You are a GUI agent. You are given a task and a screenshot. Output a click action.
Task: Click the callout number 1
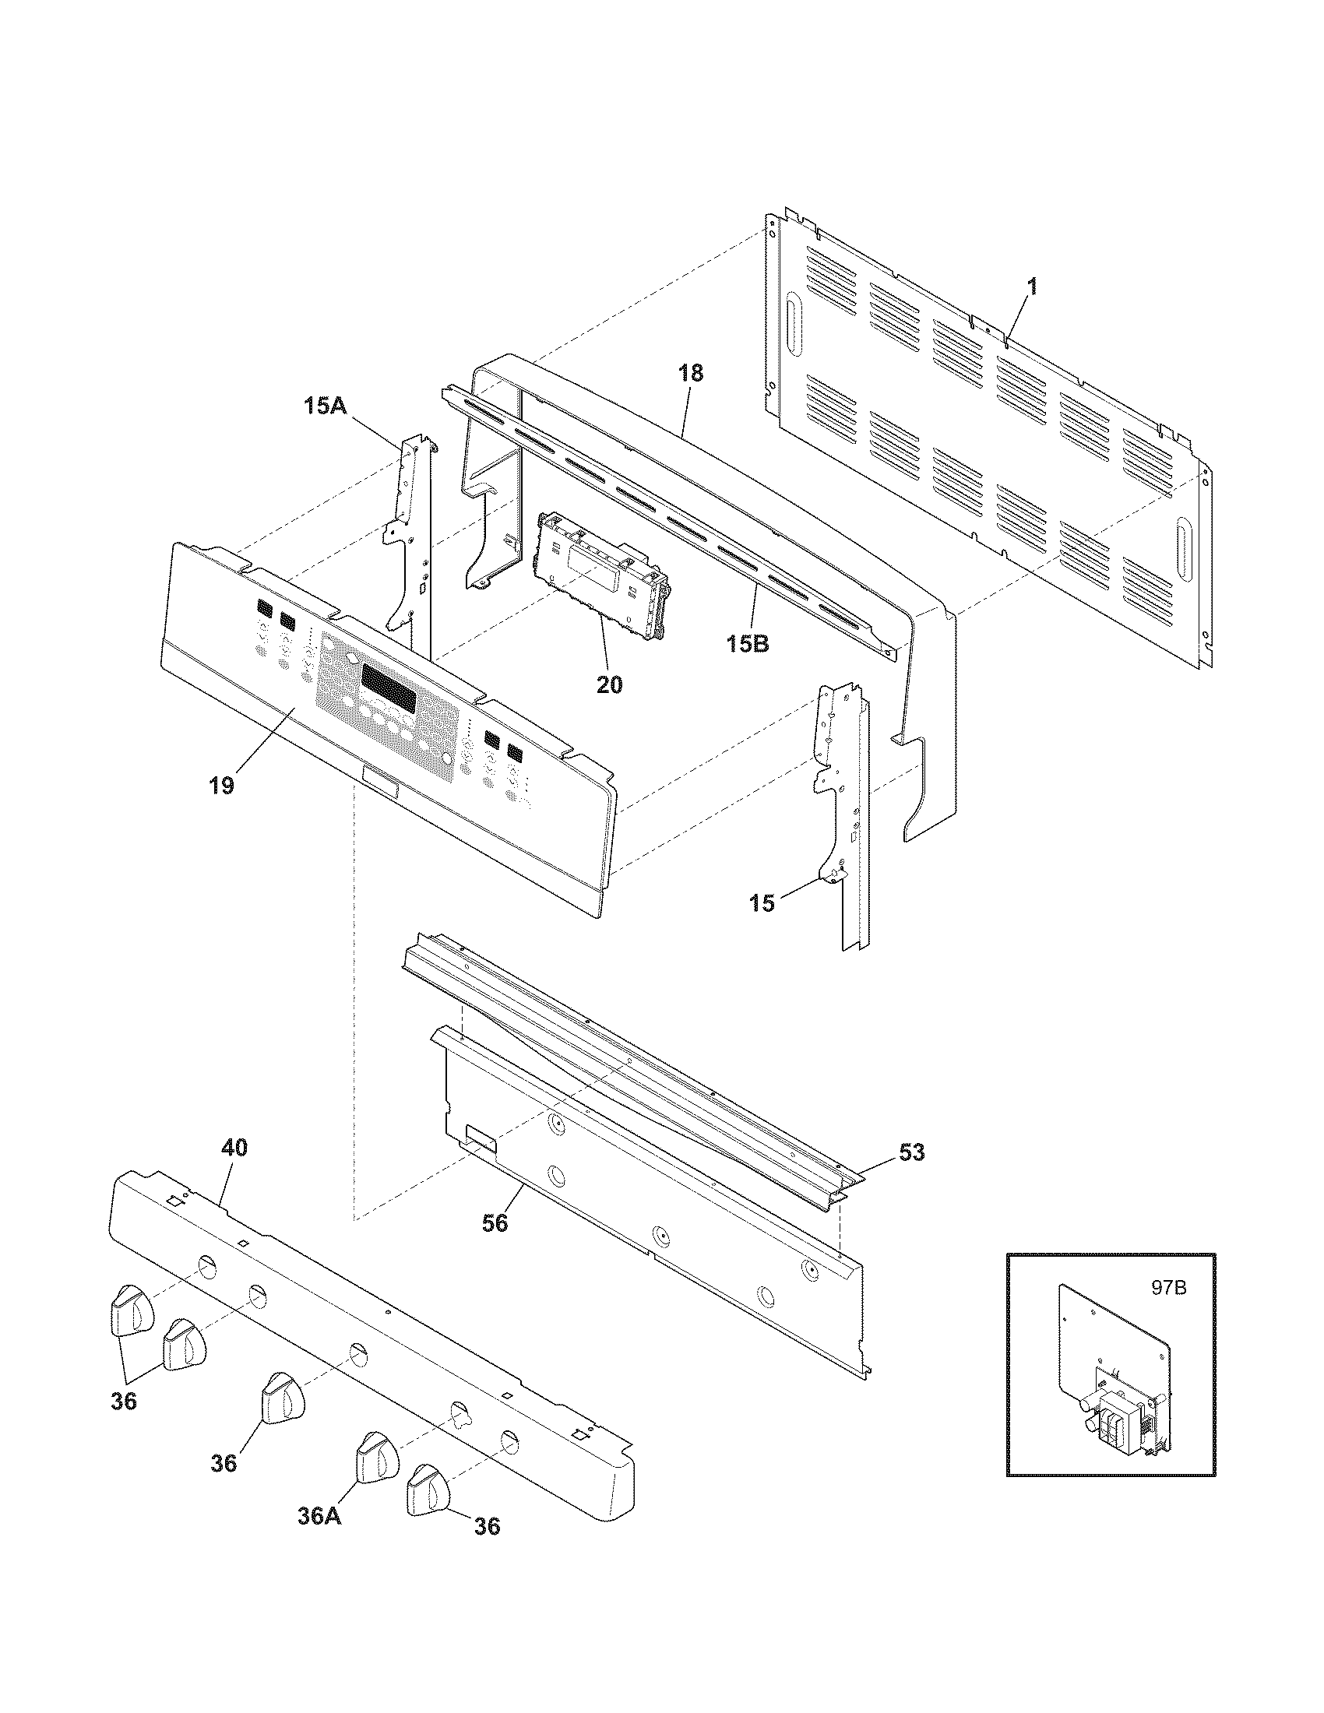[x=1032, y=287]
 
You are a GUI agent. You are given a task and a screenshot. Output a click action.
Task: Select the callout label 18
[x=691, y=372]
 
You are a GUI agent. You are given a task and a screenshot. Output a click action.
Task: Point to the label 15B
[x=747, y=645]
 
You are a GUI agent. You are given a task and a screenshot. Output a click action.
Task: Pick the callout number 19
[x=221, y=786]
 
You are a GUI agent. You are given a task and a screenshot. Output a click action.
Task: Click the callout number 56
[x=495, y=1222]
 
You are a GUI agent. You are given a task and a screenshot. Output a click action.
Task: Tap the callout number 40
[x=234, y=1148]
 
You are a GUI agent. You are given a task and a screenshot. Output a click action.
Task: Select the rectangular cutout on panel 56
[x=481, y=1137]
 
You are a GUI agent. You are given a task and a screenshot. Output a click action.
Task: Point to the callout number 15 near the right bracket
[x=762, y=902]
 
